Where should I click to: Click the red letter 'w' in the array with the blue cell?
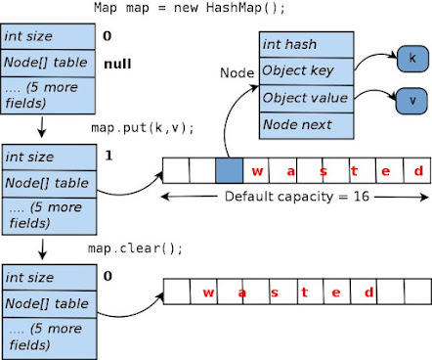point(257,171)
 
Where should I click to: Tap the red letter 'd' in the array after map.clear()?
point(367,291)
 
